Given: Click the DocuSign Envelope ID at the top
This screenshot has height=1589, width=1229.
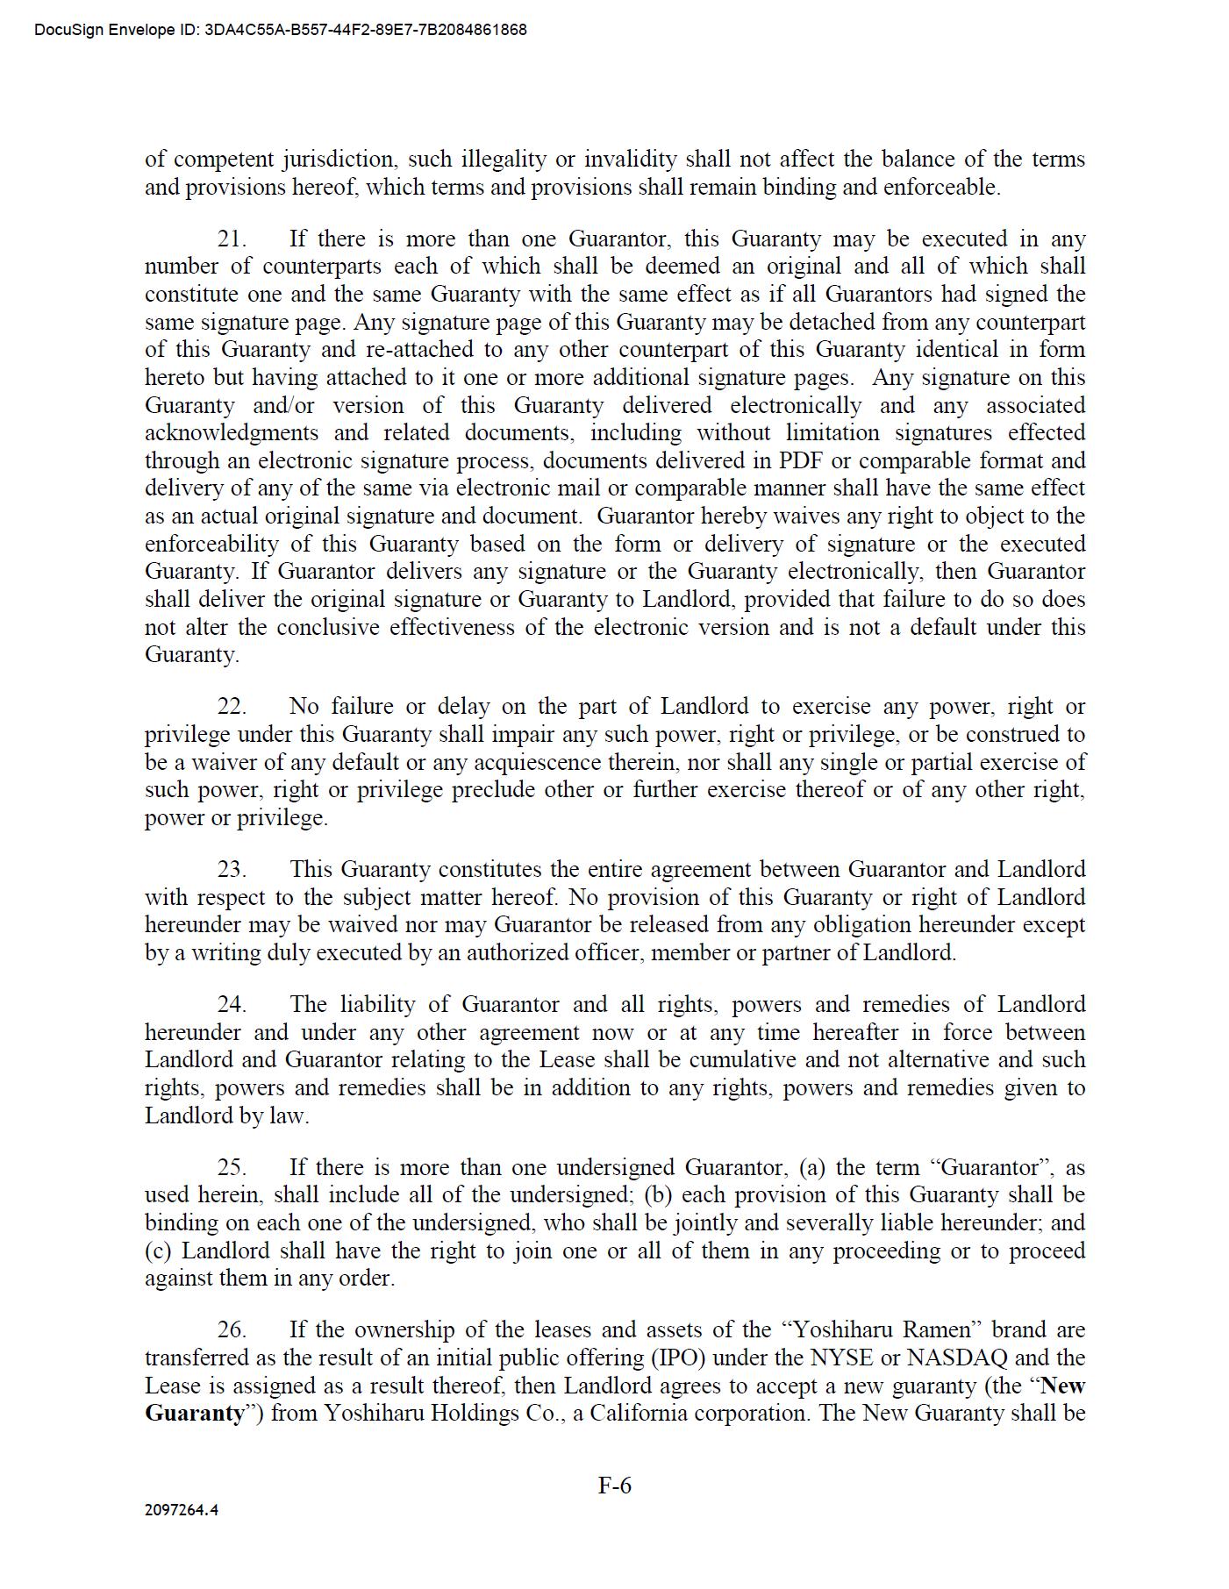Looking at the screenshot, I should point(281,30).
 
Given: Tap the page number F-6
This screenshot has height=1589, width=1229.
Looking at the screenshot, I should point(614,1485).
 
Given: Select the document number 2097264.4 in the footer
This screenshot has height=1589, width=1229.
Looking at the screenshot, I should point(182,1510).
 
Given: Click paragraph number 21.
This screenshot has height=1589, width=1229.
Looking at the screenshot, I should point(232,239).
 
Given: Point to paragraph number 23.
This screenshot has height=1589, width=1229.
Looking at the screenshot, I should point(232,869).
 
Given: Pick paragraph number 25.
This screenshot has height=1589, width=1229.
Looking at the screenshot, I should point(232,1167).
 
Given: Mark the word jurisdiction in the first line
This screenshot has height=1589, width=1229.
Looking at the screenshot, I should point(339,160).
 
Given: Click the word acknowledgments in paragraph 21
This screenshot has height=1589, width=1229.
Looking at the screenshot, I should point(232,432).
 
